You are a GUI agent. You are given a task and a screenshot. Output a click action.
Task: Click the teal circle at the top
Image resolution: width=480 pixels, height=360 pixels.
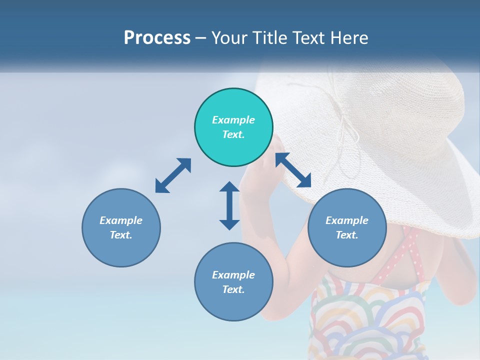pos(233,127)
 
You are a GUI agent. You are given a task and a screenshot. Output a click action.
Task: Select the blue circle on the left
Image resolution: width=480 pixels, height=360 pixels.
pos(121,227)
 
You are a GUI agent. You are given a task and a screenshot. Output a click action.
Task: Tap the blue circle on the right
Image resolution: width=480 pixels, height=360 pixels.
pos(347,227)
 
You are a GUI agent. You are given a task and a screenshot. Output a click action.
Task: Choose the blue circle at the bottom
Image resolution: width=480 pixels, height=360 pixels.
pos(233,282)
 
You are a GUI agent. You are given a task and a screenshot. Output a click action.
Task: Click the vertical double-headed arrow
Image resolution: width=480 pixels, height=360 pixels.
pos(229,205)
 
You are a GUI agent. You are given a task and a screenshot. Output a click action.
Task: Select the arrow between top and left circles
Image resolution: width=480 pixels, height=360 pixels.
pos(173,175)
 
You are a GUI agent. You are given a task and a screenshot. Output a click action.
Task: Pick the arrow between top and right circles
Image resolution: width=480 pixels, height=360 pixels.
pos(293,170)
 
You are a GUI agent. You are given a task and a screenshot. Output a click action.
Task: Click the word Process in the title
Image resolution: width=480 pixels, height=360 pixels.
pos(157,37)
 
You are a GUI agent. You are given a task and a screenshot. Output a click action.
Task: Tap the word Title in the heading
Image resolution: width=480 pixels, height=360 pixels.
pos(269,37)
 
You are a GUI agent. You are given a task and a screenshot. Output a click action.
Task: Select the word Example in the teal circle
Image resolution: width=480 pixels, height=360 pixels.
pos(233,120)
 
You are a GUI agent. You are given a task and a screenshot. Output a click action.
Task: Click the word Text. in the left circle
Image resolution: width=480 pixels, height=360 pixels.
pos(121,235)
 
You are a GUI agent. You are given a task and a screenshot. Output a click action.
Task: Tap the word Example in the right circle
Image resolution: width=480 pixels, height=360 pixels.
pos(347,220)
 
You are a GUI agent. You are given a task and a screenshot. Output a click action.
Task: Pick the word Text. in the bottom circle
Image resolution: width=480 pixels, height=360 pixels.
pos(233,289)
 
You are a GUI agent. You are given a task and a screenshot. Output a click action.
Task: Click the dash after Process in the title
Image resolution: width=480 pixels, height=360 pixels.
pos(201,38)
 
